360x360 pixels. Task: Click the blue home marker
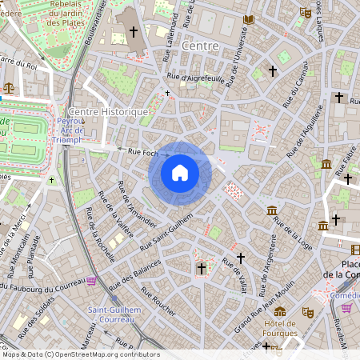tap(180, 173)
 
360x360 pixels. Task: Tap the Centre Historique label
tap(109, 112)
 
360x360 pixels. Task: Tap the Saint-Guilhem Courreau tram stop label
tap(114, 314)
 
